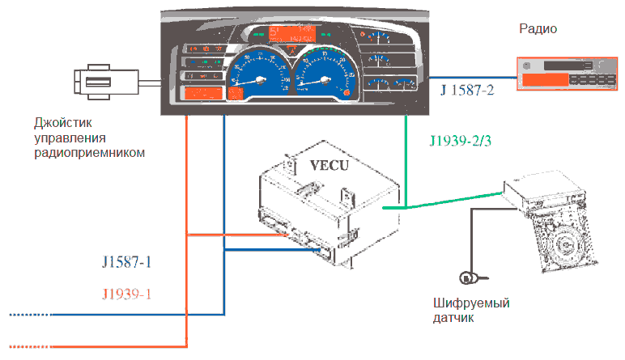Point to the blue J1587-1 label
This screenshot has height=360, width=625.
127,264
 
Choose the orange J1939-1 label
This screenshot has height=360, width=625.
127,293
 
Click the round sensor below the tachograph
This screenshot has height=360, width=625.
468,278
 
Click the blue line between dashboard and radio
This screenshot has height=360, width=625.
478,78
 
